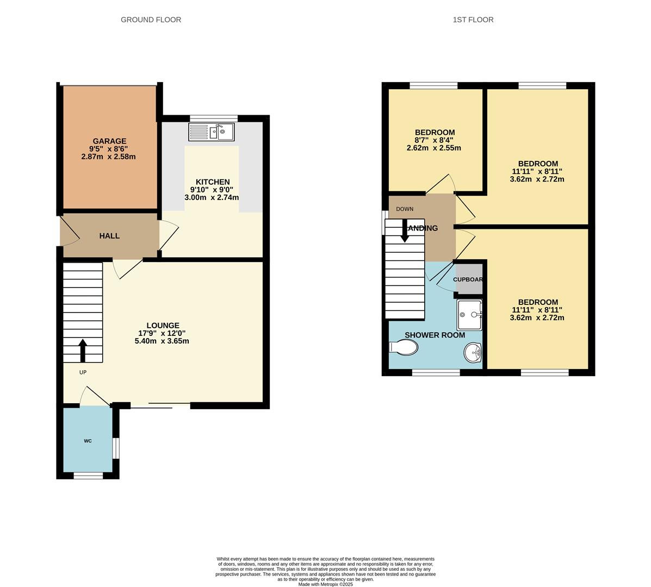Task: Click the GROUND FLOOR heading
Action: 151,20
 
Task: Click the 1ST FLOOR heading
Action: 473,20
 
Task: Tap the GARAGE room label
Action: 109,141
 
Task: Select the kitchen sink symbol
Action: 211,132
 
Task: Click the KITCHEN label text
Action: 213,182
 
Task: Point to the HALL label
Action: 109,236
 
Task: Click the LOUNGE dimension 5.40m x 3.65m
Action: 162,341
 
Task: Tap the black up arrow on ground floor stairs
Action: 83,351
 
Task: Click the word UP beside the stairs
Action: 83,372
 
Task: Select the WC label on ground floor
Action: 88,441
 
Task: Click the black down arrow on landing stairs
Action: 405,231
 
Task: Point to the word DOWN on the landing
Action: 405,209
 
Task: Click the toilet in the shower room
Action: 403,347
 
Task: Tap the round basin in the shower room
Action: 473,352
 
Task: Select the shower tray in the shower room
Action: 469,315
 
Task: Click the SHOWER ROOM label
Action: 435,335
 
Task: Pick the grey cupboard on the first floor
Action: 468,279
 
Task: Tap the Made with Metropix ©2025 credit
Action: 325,584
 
